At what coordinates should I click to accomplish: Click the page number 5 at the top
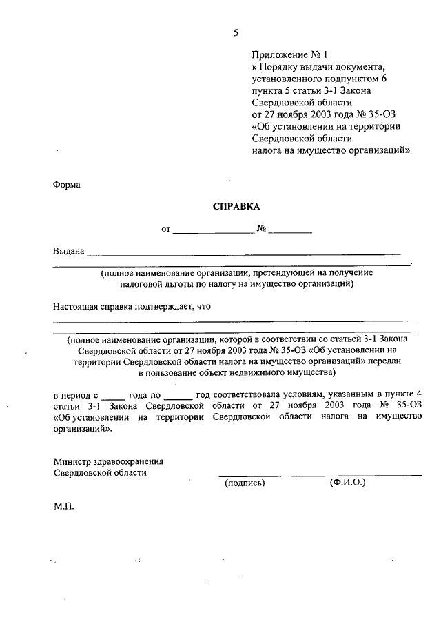coord(236,32)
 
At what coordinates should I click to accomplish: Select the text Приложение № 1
coord(283,54)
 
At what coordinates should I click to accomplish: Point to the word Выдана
coord(68,251)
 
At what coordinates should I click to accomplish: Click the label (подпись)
coord(245,483)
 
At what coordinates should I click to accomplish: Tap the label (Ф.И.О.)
coord(347,483)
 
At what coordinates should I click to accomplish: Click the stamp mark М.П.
coord(63,505)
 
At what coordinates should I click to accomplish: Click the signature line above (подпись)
coord(249,475)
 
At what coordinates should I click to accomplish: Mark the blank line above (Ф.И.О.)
coord(356,475)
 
